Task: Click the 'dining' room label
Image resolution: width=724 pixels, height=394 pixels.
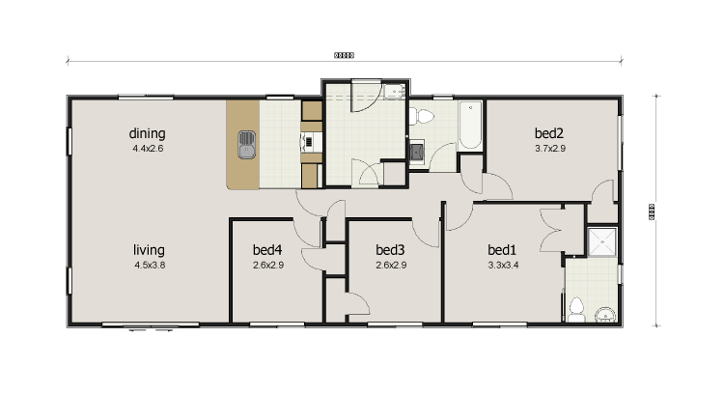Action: [x=149, y=133]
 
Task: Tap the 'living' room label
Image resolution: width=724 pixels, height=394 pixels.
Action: [x=149, y=248]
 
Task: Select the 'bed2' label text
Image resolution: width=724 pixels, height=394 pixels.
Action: [x=549, y=133]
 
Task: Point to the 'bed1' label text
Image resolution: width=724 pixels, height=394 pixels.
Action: [x=503, y=248]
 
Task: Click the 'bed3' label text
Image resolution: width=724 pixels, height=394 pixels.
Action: [x=389, y=248]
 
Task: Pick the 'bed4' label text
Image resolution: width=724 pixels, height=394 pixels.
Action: [x=267, y=248]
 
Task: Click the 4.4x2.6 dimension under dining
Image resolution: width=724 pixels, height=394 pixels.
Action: [x=149, y=149]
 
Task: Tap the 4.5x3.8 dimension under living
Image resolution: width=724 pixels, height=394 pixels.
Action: [x=149, y=264]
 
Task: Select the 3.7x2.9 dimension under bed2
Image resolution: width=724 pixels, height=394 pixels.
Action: [x=549, y=149]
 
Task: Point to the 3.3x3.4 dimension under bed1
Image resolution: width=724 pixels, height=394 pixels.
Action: [x=503, y=264]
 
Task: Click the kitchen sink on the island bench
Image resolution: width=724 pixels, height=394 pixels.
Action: [x=247, y=145]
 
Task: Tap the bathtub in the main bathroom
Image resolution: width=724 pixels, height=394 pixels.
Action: [x=470, y=126]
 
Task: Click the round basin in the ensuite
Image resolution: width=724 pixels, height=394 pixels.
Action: [x=605, y=313]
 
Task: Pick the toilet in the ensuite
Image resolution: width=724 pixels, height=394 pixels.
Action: [x=576, y=309]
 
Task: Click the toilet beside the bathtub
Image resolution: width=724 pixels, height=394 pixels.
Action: [x=422, y=117]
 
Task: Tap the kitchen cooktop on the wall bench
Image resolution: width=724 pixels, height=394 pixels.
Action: [x=309, y=142]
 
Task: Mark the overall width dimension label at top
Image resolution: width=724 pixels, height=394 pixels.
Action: [x=344, y=56]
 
